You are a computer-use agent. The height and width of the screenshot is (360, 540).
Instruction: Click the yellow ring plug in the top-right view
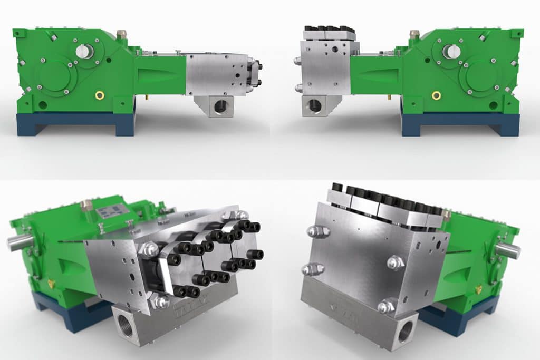(436, 95)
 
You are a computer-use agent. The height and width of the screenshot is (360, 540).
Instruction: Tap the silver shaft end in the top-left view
(84, 51)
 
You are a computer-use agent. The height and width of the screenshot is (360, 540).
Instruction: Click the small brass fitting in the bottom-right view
(478, 289)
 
